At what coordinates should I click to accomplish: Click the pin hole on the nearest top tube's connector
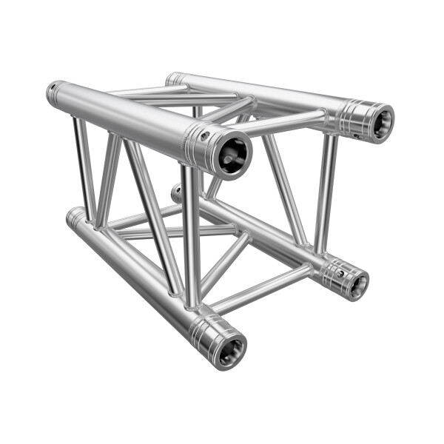(x=206, y=135)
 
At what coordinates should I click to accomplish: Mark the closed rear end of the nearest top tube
(x=54, y=92)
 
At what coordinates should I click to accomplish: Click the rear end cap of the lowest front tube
(x=73, y=217)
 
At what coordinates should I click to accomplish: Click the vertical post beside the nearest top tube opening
(x=192, y=237)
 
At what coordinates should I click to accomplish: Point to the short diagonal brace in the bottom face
(x=222, y=263)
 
